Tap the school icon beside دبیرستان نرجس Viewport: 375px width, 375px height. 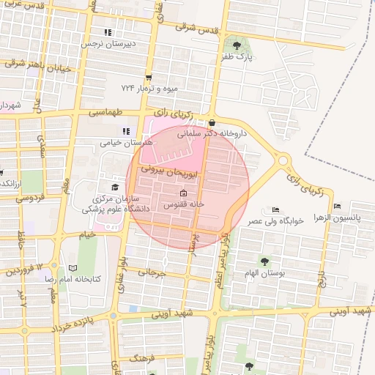108,32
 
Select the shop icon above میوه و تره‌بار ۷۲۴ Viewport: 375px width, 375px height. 149,77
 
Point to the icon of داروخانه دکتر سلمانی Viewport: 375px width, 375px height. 212,122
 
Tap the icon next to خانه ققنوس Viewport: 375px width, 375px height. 183,193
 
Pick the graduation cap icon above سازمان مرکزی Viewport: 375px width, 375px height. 114,187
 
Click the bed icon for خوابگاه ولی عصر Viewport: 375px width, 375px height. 275,210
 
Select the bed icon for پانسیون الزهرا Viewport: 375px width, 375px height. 336,206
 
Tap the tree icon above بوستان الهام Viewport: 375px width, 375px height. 264,261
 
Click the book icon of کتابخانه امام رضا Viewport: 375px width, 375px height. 72,269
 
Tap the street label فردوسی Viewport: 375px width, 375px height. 30,197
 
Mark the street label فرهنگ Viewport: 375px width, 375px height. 144,359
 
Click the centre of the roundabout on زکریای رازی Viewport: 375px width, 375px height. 283,160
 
